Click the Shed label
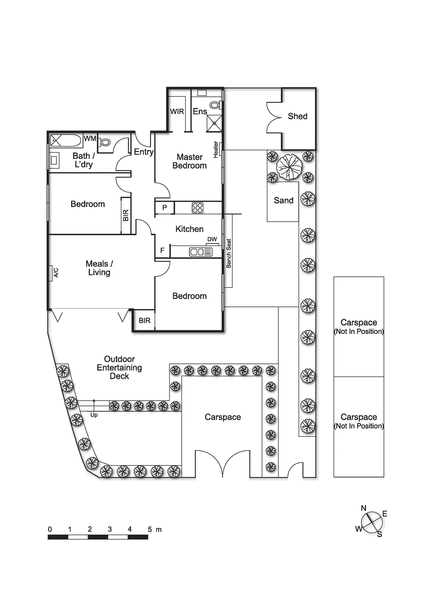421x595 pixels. [297, 116]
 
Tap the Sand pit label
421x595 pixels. [283, 200]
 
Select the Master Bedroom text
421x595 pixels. [189, 161]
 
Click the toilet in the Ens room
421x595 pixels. [215, 105]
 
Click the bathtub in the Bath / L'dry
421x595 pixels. [66, 140]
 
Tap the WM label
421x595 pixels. [90, 138]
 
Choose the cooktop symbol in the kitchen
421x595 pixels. [198, 208]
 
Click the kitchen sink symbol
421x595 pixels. [201, 252]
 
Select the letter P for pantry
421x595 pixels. [165, 208]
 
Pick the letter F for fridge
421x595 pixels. [162, 250]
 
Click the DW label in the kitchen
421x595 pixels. [212, 239]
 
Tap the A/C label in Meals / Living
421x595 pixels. [56, 272]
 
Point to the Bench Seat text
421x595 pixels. [229, 253]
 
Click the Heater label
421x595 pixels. [216, 150]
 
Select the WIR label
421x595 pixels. [177, 112]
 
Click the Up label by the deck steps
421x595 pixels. [94, 415]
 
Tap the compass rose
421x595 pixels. [371, 522]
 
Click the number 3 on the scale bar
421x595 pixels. [110, 529]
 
